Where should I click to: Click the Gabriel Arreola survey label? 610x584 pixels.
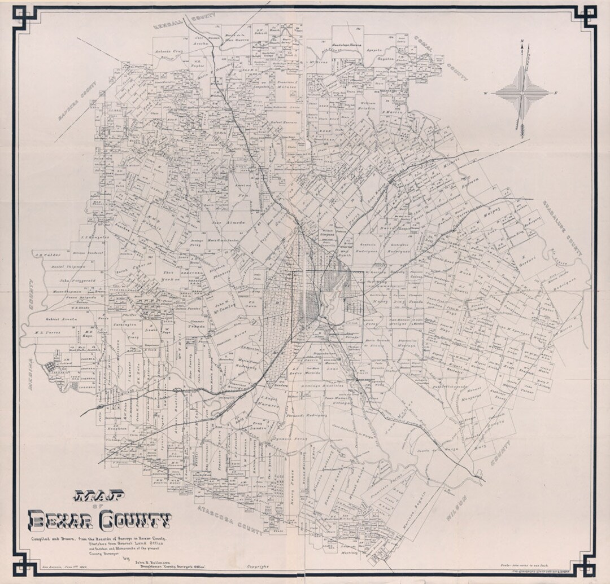(62, 319)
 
